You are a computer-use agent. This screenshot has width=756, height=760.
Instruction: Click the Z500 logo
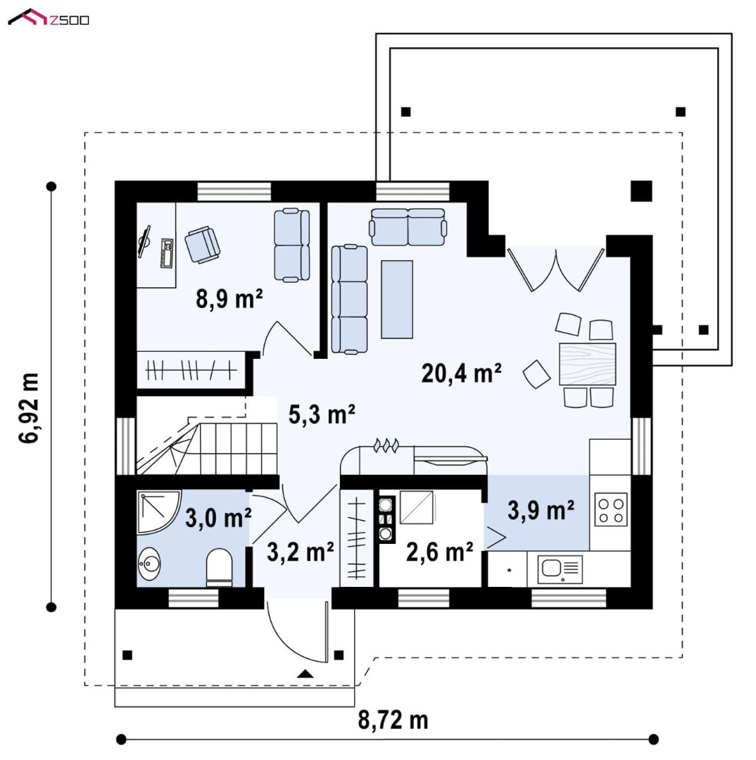click(49, 18)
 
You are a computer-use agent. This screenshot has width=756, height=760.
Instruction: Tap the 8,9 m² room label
click(229, 298)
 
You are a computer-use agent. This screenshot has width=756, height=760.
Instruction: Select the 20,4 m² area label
click(461, 373)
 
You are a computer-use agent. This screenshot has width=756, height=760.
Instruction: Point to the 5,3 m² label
click(322, 414)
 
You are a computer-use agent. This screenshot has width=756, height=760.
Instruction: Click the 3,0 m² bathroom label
click(218, 518)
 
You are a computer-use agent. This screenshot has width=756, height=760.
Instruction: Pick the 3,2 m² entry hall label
click(300, 552)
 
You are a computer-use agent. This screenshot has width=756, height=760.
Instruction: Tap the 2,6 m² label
click(439, 552)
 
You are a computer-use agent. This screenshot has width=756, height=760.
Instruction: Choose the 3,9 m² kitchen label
click(541, 510)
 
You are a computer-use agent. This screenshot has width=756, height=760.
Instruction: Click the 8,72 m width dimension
click(393, 721)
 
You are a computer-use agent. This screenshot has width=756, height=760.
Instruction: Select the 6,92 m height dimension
click(29, 408)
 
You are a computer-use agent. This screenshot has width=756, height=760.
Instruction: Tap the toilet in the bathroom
click(219, 567)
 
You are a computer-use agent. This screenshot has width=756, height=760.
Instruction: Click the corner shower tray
click(158, 512)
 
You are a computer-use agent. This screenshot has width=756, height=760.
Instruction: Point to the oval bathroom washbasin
click(149, 564)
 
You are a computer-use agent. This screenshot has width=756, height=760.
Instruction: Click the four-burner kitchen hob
click(611, 510)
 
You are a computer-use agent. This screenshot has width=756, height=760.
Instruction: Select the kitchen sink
click(560, 569)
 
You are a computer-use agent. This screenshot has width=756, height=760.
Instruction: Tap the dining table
click(587, 364)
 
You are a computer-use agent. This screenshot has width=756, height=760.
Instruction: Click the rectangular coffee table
click(397, 299)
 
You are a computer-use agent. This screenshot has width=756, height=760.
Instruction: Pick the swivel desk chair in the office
click(202, 244)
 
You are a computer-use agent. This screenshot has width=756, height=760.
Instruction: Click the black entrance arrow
click(305, 673)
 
